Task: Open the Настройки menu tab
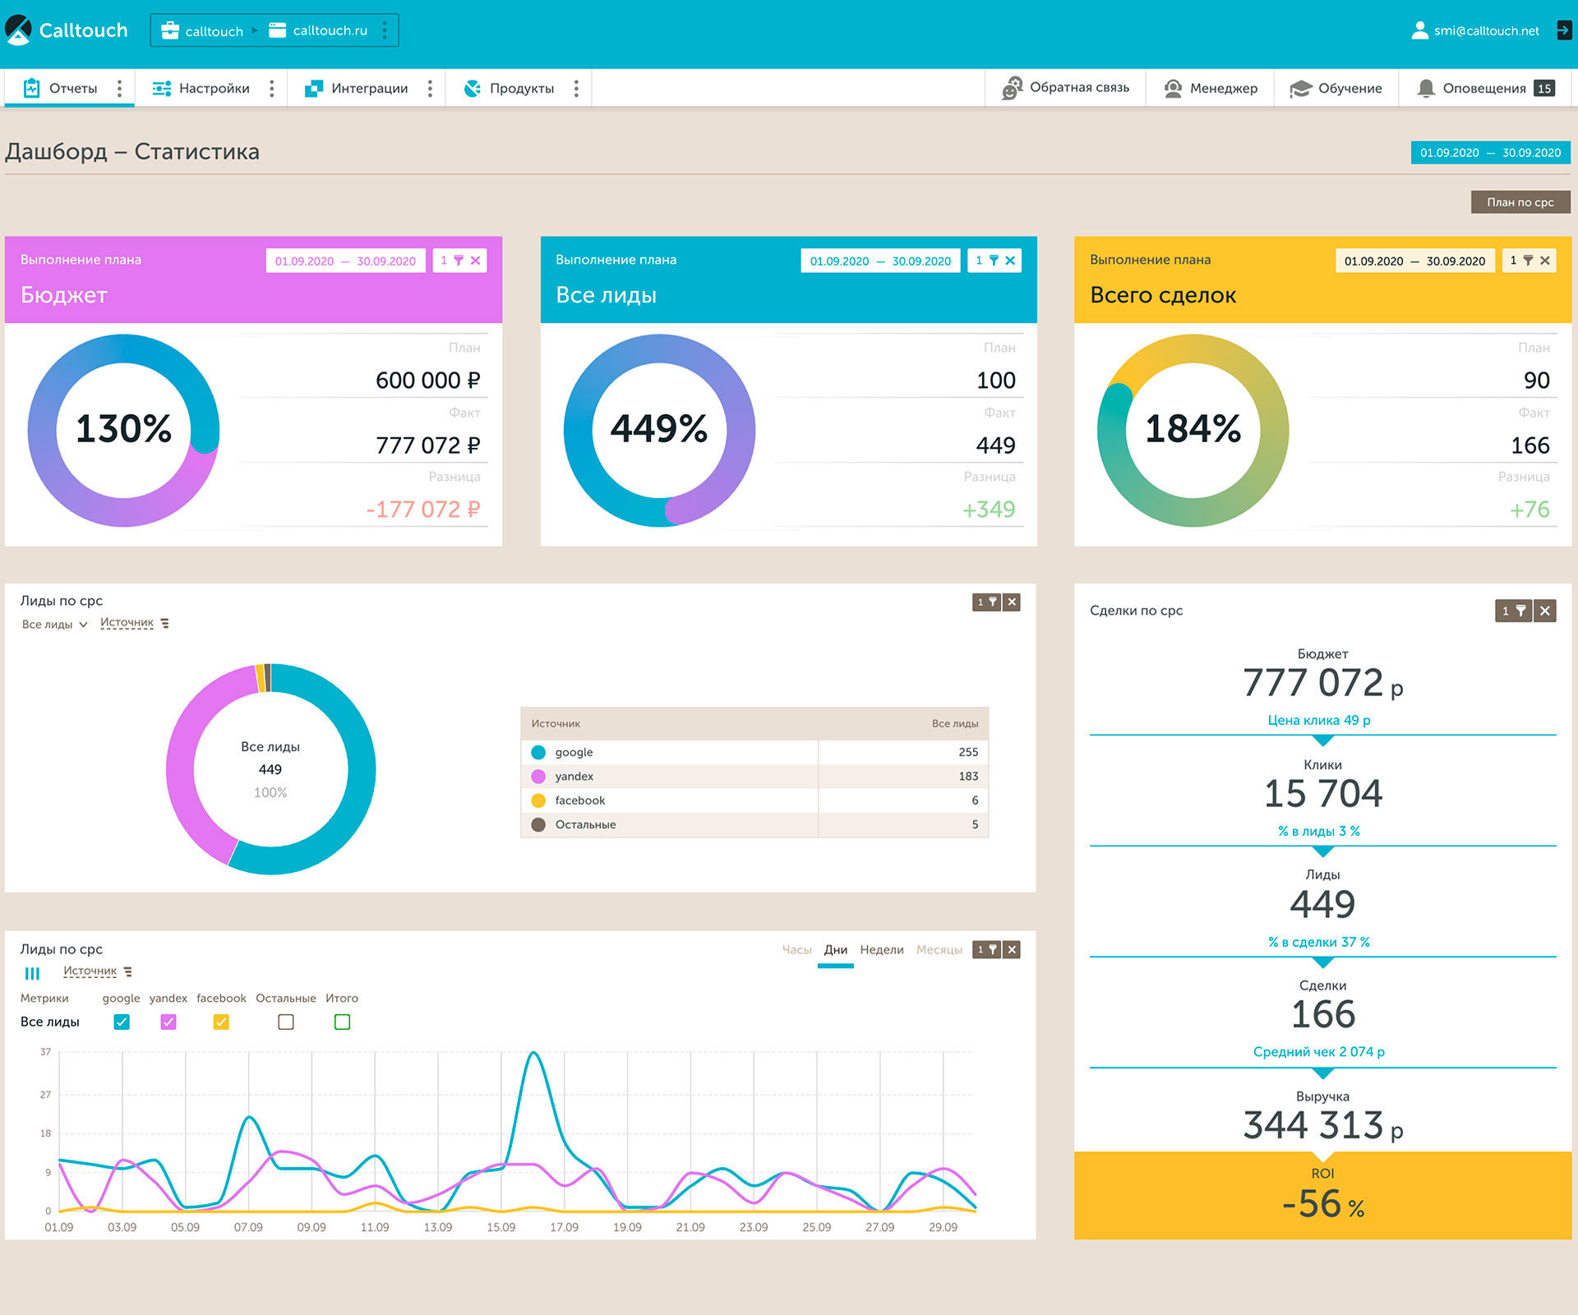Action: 214,89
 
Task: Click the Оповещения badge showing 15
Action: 1544,89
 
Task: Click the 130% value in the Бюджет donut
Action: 124,429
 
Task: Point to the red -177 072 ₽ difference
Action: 423,510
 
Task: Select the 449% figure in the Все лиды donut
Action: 659,429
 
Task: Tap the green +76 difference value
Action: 1530,510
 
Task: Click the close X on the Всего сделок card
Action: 1545,261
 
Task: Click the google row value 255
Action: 968,752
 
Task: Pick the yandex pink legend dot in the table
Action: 538,777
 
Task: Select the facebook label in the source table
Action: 580,801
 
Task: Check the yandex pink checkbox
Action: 168,1022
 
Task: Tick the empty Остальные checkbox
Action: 286,1022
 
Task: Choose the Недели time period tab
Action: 882,950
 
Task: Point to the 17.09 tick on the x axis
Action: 564,1227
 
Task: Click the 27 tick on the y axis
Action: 45,1095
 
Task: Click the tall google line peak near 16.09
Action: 534,1054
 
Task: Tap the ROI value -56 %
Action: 1323,1204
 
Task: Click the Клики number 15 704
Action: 1323,794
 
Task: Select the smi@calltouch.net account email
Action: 1487,31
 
